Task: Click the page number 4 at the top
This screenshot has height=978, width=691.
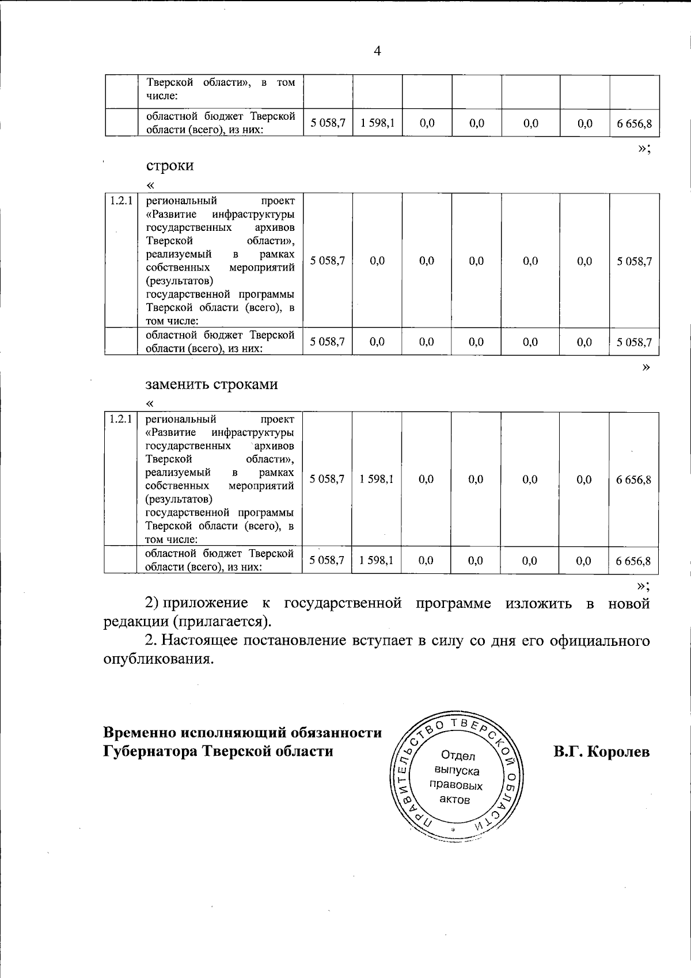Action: [377, 52]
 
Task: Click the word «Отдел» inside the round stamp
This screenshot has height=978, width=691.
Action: [458, 756]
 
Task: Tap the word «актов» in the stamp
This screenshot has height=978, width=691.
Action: [455, 800]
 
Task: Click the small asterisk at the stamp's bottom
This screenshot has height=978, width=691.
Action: [453, 829]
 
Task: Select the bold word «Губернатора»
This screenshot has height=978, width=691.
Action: [150, 751]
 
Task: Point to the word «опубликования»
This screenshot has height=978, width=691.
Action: [158, 659]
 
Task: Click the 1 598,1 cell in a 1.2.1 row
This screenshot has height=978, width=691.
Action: [377, 479]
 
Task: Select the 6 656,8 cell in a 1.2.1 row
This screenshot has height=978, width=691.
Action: [633, 480]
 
